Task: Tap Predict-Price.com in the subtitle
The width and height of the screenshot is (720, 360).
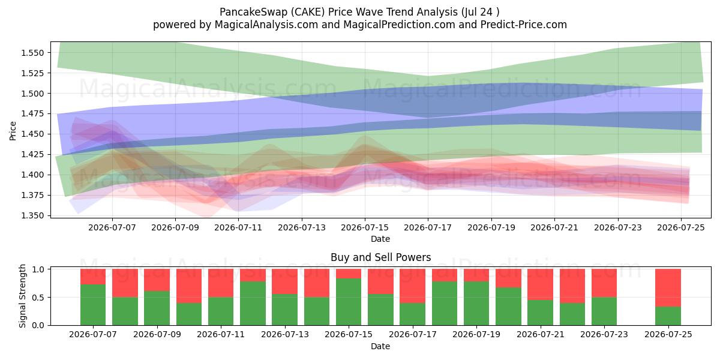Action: point(524,25)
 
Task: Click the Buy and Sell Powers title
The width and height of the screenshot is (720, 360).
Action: point(380,257)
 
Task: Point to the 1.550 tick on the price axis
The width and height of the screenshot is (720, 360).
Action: point(32,53)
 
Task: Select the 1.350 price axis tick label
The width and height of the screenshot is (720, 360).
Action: point(32,215)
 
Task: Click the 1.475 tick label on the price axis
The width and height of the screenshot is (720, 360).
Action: point(32,114)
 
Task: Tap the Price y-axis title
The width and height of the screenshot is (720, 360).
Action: point(13,131)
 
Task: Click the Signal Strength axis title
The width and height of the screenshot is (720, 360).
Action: point(22,296)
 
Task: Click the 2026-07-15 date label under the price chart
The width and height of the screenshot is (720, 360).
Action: point(365,227)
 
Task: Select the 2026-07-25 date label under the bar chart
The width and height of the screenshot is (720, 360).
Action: point(668,334)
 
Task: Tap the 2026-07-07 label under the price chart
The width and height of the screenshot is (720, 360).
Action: point(112,227)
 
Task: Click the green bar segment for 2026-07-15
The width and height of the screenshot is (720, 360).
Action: point(349,302)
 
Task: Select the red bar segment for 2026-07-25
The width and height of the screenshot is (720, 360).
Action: point(668,287)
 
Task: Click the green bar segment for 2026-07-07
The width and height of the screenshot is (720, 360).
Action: point(93,305)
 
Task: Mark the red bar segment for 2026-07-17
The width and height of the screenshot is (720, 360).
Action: point(412,286)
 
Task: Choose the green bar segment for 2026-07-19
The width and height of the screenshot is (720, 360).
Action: point(476,304)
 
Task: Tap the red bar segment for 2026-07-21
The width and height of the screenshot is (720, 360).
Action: point(541,284)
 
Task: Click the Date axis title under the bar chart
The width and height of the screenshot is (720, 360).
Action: point(380,346)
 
